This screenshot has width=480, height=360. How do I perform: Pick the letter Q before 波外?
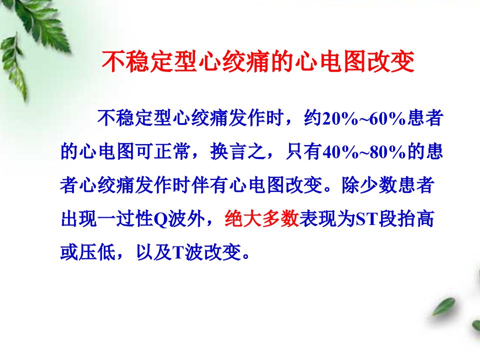pos(160,219)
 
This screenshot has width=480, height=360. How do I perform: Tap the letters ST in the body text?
pos(366,219)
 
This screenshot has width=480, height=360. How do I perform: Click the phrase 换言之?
pos(238,151)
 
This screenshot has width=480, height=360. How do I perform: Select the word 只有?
pos(303,151)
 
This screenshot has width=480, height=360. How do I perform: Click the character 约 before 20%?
pos(312,118)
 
